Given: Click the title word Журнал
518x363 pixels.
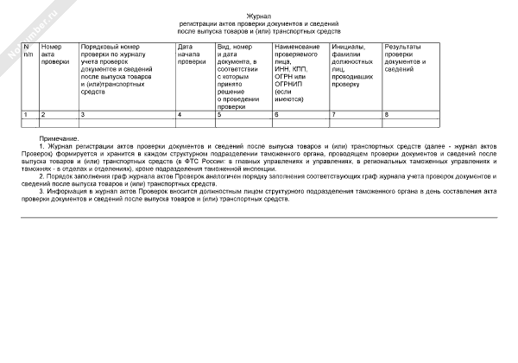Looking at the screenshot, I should tap(259, 16).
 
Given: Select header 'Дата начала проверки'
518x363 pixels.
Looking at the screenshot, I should tap(191, 54).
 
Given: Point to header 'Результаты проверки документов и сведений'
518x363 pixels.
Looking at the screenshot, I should tap(406, 57).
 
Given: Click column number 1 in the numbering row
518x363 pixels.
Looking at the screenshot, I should tap(25, 114).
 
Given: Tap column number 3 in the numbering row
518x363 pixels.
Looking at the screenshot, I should tap(83, 114).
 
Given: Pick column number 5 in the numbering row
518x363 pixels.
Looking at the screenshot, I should tap(219, 114).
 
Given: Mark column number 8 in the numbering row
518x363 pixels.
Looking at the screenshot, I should tap(386, 114).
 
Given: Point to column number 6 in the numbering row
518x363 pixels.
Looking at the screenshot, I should tap(276, 114).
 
